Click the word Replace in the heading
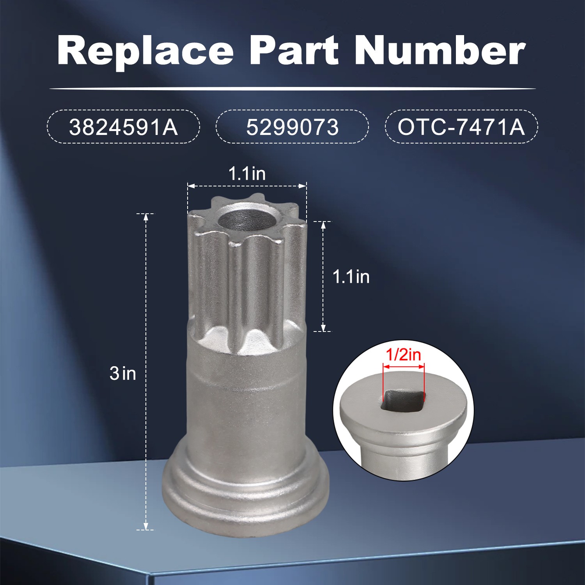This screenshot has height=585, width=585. coord(145,51)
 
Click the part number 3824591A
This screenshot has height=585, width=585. coord(123,127)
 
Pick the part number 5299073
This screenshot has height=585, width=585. coord(292,127)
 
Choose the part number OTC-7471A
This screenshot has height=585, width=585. coord(461,127)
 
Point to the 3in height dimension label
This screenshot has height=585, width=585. coord(123,373)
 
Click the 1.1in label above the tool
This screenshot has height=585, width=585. coord(247,174)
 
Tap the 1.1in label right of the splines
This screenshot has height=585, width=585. coord(351,277)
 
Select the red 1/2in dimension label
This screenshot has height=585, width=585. coord(403,355)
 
